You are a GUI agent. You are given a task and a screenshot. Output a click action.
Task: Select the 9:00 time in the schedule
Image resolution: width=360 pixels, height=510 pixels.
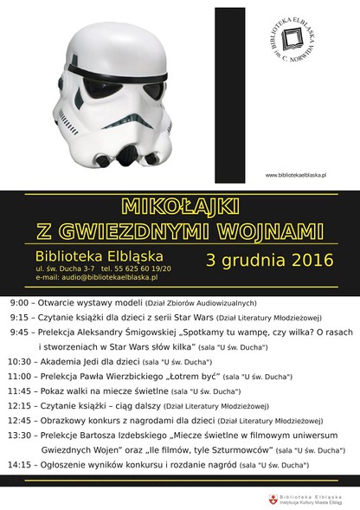[x=19, y=304]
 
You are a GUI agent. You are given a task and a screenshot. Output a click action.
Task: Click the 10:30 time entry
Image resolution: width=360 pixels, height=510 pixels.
[x=19, y=360]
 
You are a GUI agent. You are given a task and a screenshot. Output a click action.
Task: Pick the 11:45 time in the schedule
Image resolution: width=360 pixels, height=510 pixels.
[x=19, y=391]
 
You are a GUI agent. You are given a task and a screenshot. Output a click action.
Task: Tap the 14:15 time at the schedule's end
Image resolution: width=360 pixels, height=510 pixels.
[x=19, y=465]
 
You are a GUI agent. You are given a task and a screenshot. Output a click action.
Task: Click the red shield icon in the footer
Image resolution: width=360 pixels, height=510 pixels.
[x=273, y=500]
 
